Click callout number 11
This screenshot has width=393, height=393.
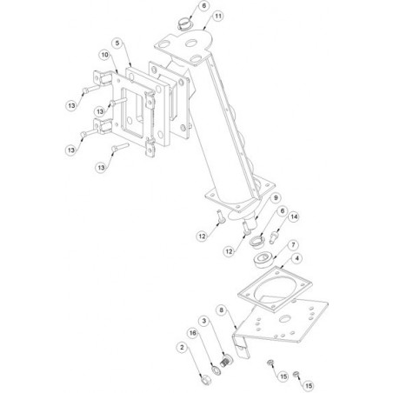(218, 16)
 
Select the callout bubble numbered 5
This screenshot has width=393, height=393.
(117, 43)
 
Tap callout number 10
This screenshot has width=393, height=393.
(104, 55)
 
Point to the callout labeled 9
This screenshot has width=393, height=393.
(276, 197)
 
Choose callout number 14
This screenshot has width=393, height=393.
(294, 216)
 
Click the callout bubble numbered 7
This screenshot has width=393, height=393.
(293, 245)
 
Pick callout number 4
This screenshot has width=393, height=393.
(296, 258)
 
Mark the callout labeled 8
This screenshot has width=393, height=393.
(222, 310)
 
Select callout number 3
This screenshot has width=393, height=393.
(204, 321)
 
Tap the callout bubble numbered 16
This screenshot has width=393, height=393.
(193, 333)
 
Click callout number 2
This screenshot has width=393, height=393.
(182, 347)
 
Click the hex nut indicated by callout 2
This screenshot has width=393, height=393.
(205, 379)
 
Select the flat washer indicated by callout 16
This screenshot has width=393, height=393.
(216, 370)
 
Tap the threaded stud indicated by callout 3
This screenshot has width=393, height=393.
(226, 360)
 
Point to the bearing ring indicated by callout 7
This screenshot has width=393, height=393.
(263, 260)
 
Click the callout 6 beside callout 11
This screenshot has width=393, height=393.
(204, 6)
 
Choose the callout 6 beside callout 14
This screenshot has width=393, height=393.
(283, 211)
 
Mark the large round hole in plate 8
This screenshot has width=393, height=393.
(285, 318)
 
